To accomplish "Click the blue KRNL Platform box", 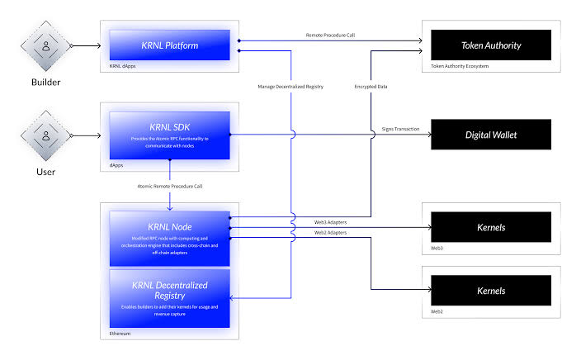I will [x=169, y=45].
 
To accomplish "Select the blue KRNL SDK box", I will [x=169, y=134].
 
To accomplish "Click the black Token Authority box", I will [x=490, y=45].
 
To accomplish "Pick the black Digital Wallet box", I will [x=490, y=134].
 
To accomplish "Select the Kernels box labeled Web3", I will [x=490, y=226].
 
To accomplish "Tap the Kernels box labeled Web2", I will [x=490, y=291].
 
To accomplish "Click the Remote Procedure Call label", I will [x=331, y=35].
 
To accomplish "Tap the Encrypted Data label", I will [x=371, y=85].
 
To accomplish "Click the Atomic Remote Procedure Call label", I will [x=170, y=187].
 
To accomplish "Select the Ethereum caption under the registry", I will [x=120, y=334].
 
